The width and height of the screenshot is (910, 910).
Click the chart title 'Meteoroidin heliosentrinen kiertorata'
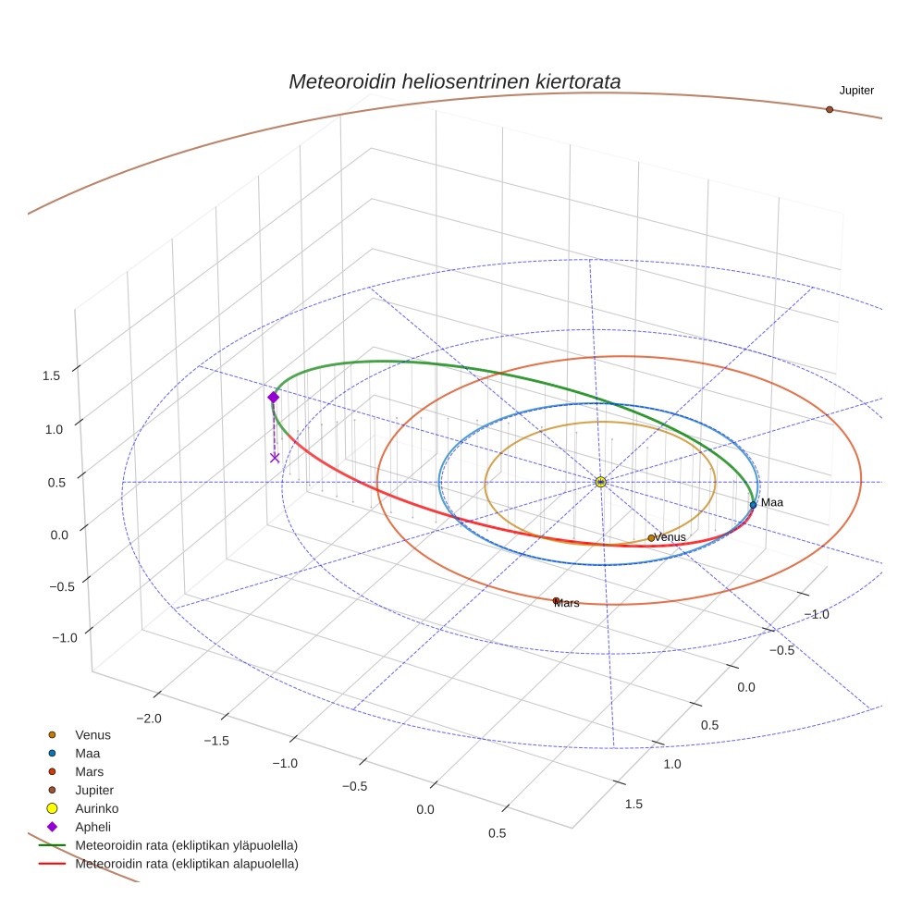tap(454, 81)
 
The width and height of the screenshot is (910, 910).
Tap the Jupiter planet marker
tap(829, 109)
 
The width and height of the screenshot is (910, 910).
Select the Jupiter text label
tap(856, 91)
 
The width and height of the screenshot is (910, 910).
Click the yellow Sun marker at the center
tap(600, 482)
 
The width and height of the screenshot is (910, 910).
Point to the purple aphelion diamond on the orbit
tap(273, 397)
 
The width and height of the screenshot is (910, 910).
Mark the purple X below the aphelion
tap(275, 457)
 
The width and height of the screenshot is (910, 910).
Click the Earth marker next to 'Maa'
tap(753, 505)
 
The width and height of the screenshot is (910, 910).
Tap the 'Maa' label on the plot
tap(771, 502)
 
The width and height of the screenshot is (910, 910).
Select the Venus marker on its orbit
tap(651, 537)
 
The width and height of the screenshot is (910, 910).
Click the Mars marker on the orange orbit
tap(556, 601)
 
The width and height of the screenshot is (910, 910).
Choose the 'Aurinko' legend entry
tap(96, 808)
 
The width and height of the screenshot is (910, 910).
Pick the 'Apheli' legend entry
tap(92, 827)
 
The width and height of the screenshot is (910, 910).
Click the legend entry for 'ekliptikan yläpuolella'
tap(186, 845)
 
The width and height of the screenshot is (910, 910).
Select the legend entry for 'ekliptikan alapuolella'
tap(186, 864)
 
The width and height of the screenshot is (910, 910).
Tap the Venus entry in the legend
tap(92, 734)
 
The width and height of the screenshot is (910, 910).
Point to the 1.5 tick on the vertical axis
tap(51, 375)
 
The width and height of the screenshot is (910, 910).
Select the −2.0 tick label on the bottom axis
tap(149, 719)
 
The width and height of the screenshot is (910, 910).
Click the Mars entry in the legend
tap(89, 771)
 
